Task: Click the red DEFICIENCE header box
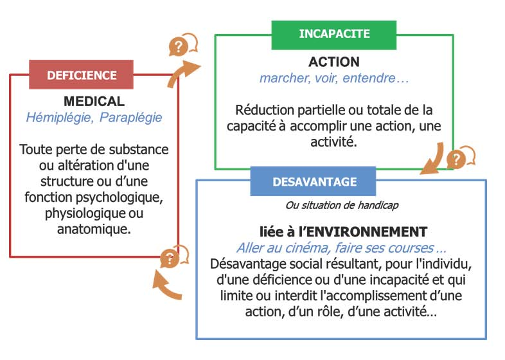[81, 75]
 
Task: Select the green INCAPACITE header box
[334, 35]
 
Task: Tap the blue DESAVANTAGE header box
[313, 181]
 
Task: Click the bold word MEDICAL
[94, 101]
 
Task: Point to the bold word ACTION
[334, 62]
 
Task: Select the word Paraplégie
[131, 118]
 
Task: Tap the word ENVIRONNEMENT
[365, 231]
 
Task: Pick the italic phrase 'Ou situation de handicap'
[342, 205]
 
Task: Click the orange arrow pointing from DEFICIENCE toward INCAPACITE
[183, 73]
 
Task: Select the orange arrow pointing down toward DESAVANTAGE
[432, 159]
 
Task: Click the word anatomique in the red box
[94, 229]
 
